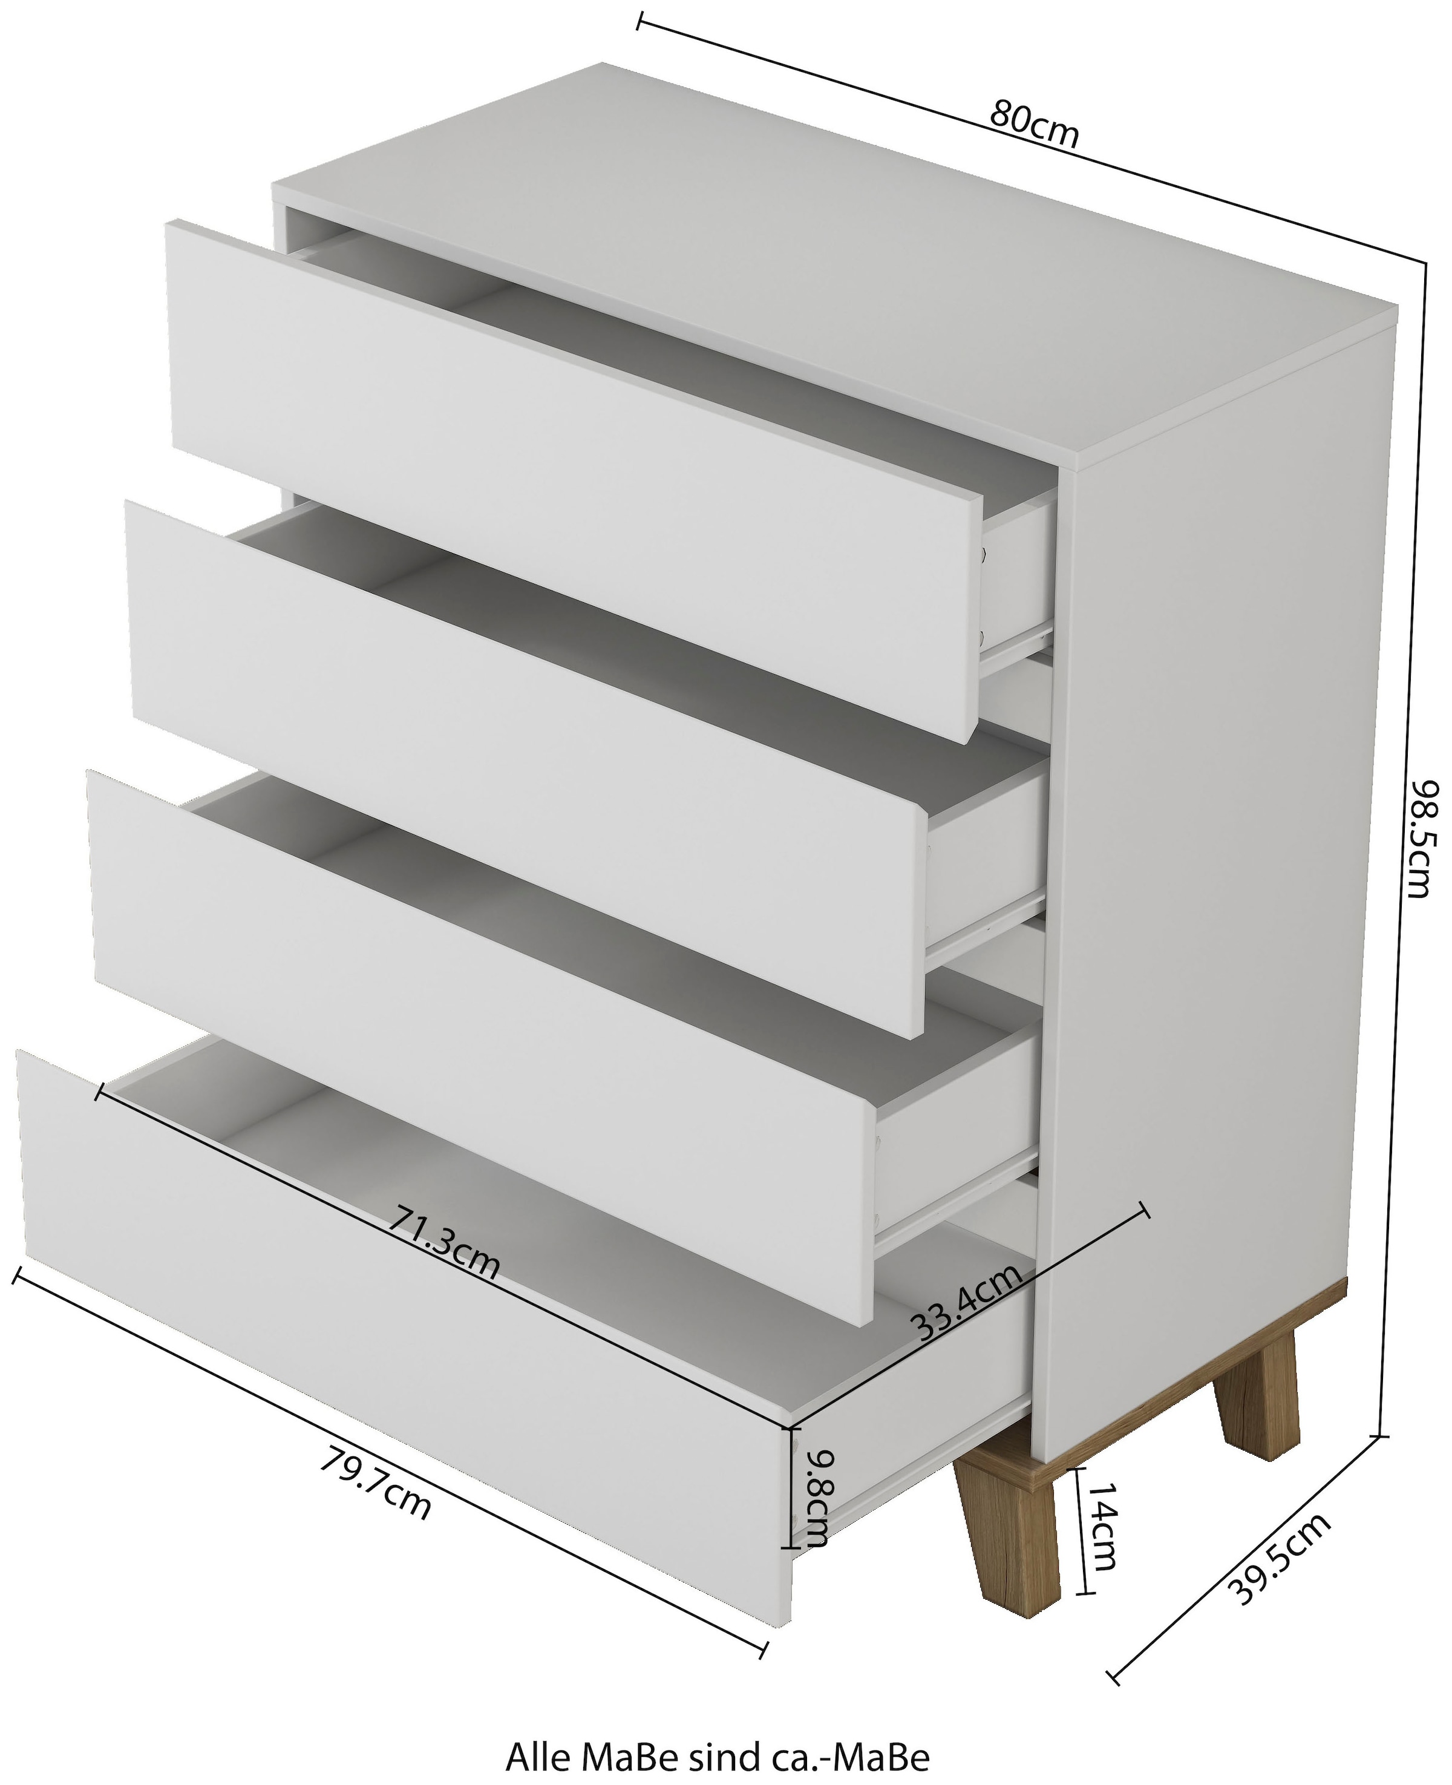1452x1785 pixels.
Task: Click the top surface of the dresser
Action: point(836,260)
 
